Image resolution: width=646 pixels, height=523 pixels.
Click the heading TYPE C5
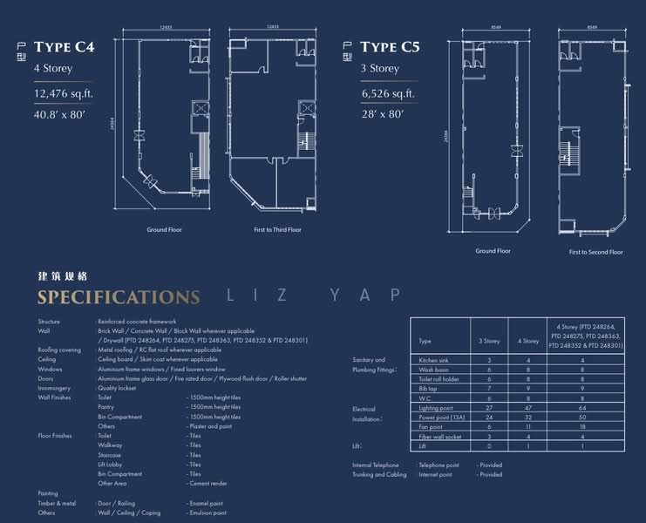[x=390, y=46]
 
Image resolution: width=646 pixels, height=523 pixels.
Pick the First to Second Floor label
[x=595, y=252]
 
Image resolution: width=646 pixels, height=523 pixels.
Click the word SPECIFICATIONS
[x=118, y=297]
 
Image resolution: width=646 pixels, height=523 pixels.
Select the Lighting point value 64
[x=582, y=407]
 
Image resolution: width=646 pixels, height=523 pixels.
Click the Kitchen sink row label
[x=434, y=359]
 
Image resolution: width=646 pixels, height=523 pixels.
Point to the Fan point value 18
[x=582, y=426]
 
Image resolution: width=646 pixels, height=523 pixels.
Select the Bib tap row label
[x=428, y=388]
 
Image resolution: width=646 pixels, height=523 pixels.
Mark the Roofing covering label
[x=59, y=350]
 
